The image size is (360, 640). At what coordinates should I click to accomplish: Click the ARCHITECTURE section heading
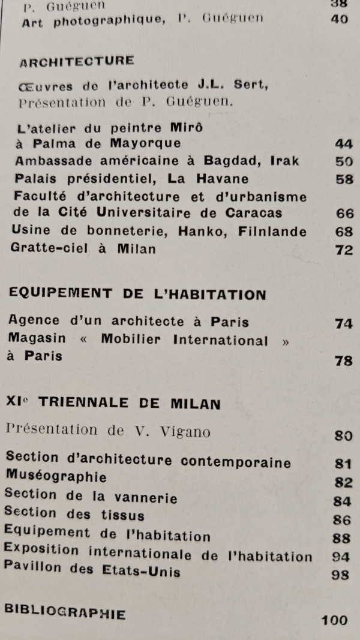77,62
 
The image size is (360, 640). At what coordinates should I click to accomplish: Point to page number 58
344,180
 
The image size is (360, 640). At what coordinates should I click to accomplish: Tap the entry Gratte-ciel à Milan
83,249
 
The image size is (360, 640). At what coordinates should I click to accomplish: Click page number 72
344,250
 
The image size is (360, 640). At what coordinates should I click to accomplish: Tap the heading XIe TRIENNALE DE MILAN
113,404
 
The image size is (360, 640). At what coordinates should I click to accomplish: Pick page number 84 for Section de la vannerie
341,501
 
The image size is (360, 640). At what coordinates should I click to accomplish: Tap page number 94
340,557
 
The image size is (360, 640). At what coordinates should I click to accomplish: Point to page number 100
334,620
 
